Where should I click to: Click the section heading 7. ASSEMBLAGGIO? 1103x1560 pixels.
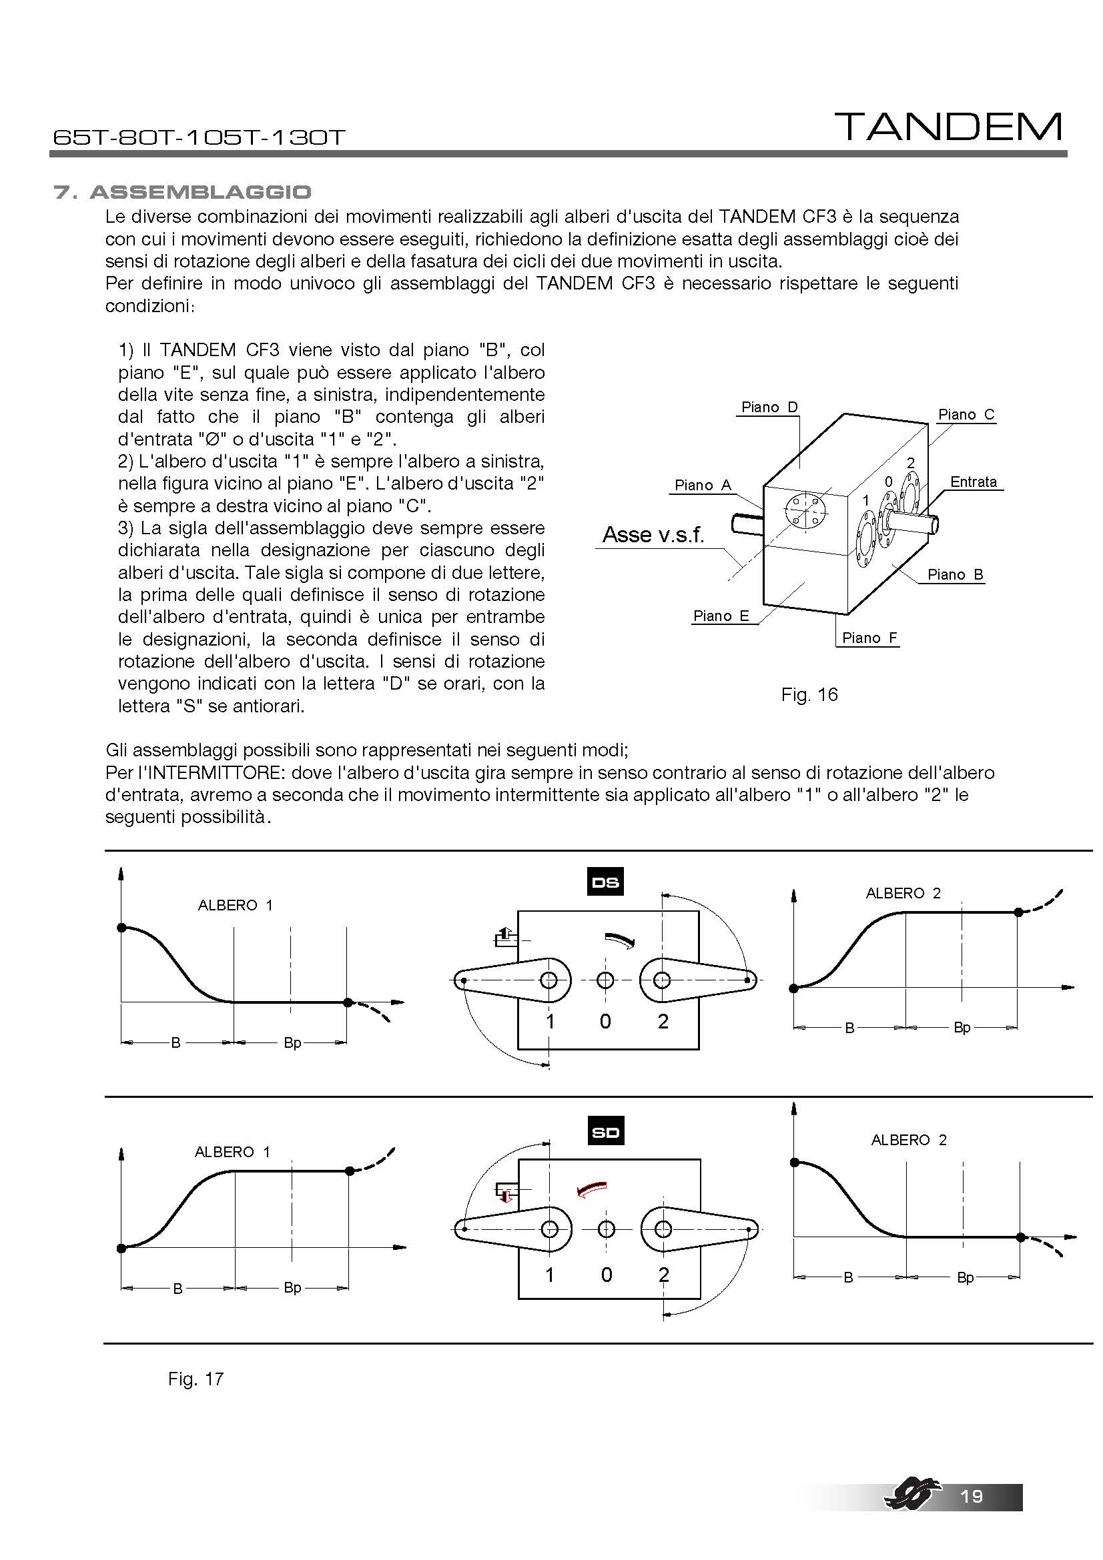click(182, 192)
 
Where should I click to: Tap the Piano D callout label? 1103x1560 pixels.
click(769, 407)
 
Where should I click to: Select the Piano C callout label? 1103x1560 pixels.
click(966, 414)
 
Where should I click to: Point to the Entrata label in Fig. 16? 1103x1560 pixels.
click(973, 482)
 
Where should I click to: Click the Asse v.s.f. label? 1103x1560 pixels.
click(653, 535)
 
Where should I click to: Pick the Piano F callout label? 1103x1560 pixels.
click(869, 638)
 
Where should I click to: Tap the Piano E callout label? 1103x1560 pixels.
click(721, 616)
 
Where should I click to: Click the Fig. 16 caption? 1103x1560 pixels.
click(809, 694)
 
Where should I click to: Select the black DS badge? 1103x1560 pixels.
click(605, 882)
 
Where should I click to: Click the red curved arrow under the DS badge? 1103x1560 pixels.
click(621, 939)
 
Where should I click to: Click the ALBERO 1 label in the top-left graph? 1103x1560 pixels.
click(235, 905)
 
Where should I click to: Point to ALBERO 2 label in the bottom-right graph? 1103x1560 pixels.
click(909, 1139)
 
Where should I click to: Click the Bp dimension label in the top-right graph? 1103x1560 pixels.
click(962, 1027)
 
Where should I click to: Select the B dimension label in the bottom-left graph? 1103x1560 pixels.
click(177, 1289)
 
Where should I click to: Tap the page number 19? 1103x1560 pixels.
click(972, 1496)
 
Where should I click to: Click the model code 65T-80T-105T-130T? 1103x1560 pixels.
click(199, 137)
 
